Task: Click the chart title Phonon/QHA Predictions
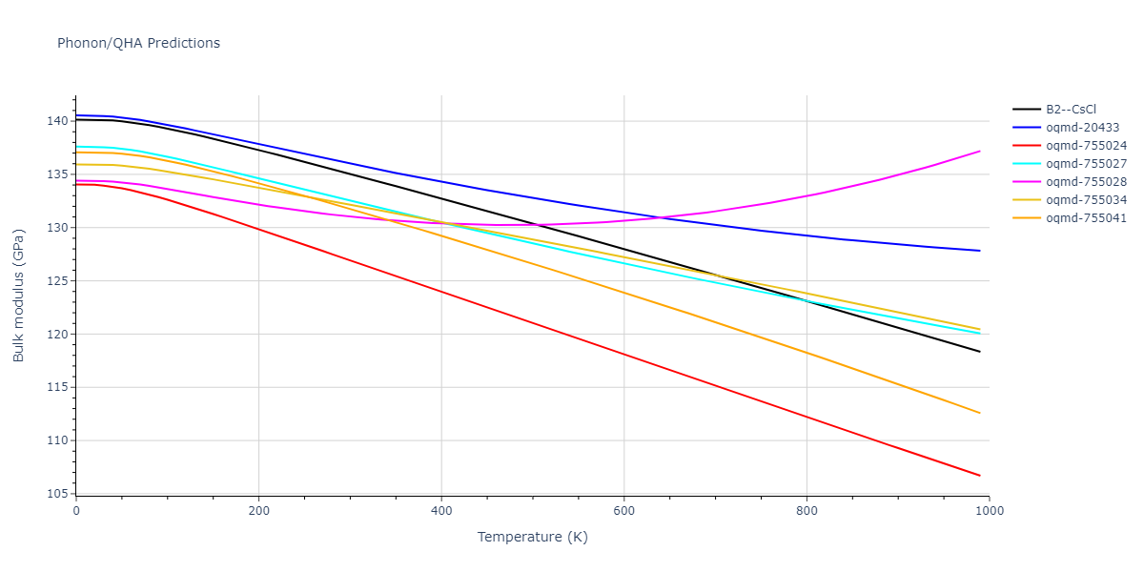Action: (138, 43)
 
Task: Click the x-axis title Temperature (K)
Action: (532, 537)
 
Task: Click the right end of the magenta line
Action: (980, 151)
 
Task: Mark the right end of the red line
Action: (980, 476)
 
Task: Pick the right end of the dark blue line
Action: (980, 251)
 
